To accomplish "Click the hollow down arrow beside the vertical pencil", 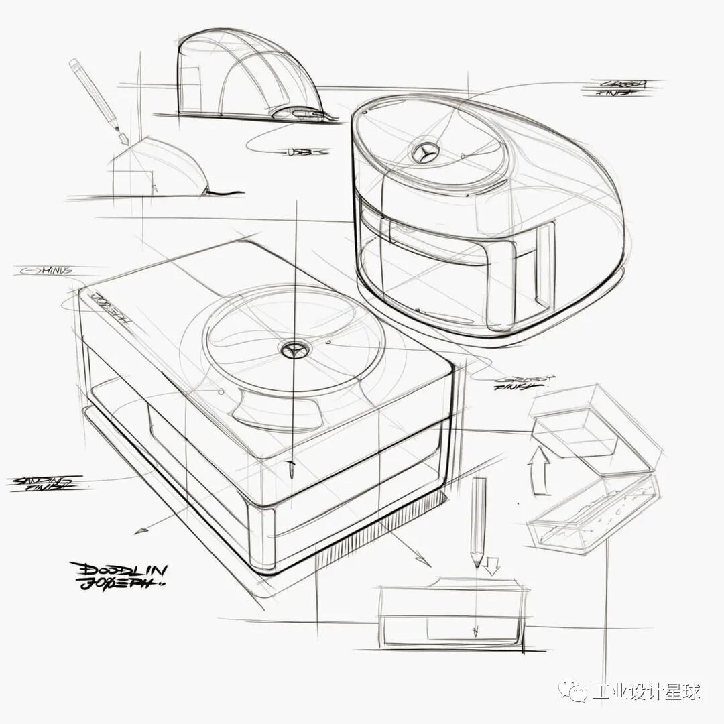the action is pos(493,566).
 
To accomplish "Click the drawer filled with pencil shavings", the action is pos(590,516).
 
